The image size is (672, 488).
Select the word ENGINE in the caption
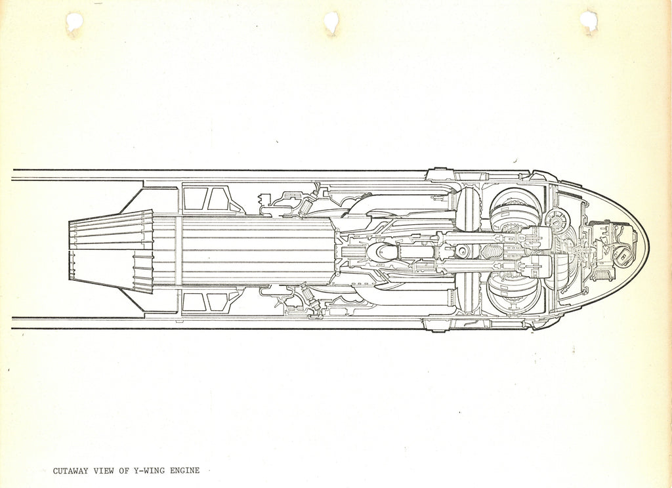tap(184, 470)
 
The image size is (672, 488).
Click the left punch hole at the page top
tap(74, 22)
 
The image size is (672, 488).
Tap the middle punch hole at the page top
tap(331, 22)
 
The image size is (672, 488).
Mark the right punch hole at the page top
tap(589, 22)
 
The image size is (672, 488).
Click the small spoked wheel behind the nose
tap(558, 221)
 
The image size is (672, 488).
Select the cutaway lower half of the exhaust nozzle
tap(112, 271)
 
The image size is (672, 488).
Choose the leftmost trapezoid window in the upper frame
tap(196, 198)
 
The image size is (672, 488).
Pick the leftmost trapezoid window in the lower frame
tap(193, 302)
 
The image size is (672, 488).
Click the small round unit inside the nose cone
tap(623, 256)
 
